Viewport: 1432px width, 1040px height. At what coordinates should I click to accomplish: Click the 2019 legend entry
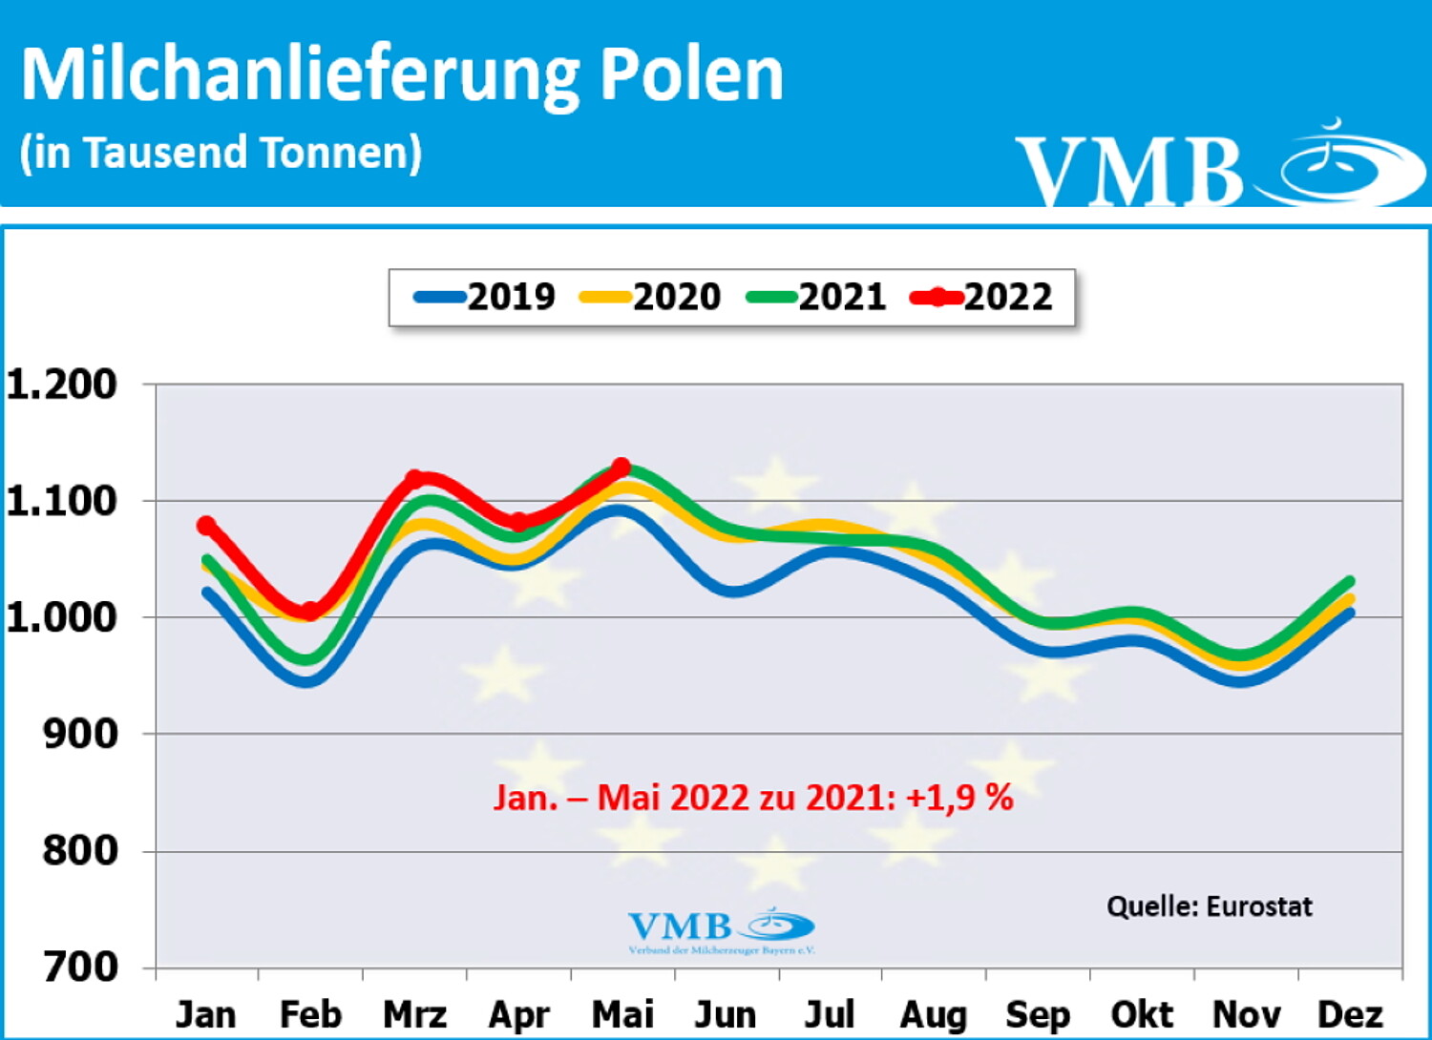click(x=485, y=298)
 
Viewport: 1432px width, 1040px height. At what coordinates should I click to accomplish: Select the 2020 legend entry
click(x=651, y=298)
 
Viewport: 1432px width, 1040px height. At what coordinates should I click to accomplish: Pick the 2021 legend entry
click(x=817, y=298)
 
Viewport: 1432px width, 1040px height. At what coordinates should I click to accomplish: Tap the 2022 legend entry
click(x=982, y=298)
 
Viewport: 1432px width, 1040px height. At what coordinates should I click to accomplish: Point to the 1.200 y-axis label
click(x=61, y=385)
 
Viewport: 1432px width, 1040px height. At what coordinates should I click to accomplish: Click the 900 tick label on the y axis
click(x=80, y=734)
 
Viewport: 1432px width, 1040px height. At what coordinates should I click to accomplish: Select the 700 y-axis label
click(x=80, y=967)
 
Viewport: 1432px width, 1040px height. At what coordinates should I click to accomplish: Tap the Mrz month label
click(x=414, y=1014)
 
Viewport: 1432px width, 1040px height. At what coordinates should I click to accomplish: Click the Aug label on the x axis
click(x=933, y=1014)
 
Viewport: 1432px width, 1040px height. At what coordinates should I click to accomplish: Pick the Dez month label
click(x=1350, y=1014)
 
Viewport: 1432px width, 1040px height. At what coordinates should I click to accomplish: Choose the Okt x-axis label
click(x=1142, y=1014)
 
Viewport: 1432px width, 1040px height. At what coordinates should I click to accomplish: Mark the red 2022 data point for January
click(x=206, y=526)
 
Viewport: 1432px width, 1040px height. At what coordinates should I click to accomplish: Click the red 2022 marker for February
click(x=310, y=612)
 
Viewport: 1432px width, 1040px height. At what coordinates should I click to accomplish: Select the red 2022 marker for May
click(x=621, y=468)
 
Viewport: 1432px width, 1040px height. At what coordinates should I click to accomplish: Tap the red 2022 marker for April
click(x=517, y=522)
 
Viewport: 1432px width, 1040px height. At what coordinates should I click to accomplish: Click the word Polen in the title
click(x=691, y=74)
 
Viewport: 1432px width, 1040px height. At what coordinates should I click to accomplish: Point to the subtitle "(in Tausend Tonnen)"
click(x=221, y=153)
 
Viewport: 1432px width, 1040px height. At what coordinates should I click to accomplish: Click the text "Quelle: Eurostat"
click(x=1209, y=905)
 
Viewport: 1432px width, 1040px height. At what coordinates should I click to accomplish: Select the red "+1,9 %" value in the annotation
click(x=958, y=797)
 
